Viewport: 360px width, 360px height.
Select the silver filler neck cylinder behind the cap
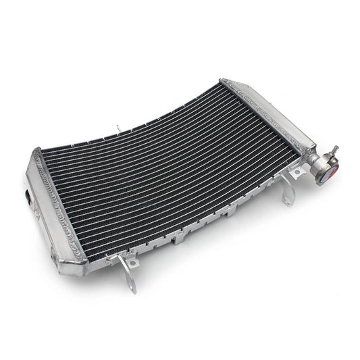[317, 165]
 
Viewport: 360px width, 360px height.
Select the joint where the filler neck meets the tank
[309, 161]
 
